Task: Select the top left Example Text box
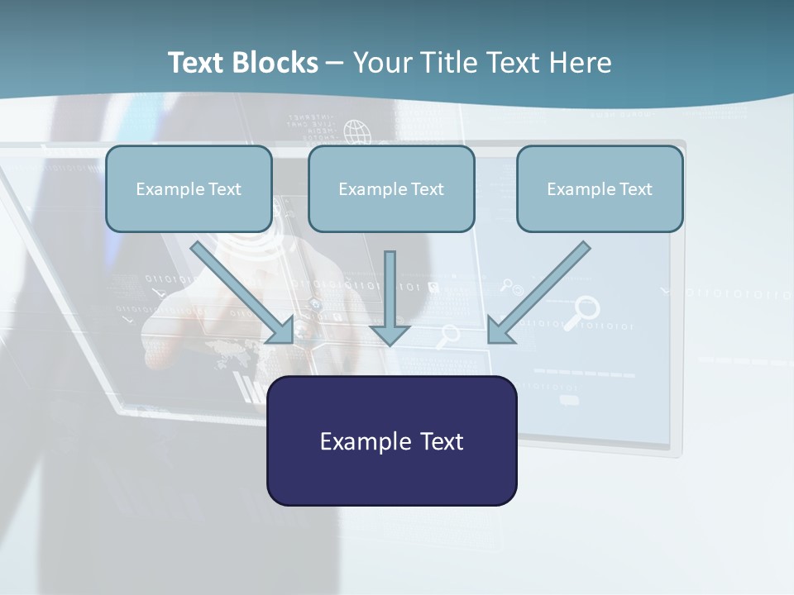(x=189, y=188)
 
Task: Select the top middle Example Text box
(x=391, y=188)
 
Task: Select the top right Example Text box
(x=600, y=188)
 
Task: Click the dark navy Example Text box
(x=391, y=440)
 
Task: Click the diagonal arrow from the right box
(x=538, y=293)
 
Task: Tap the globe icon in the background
(x=356, y=132)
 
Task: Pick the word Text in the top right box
(x=636, y=188)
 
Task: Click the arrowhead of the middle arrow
(x=391, y=334)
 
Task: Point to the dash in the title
(x=335, y=63)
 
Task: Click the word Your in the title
(x=381, y=63)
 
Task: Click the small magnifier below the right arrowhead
(x=449, y=334)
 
